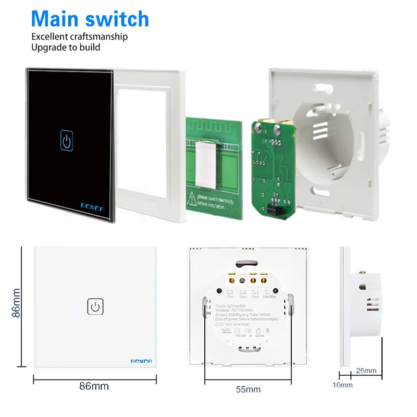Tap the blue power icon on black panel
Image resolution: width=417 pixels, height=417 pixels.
tap(67, 139)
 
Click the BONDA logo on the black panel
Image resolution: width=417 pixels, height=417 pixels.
tap(92, 205)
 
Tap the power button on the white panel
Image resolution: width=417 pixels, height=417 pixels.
tap(95, 306)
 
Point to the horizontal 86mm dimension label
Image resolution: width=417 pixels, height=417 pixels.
tap(94, 386)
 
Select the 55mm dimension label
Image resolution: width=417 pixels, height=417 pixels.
tap(248, 389)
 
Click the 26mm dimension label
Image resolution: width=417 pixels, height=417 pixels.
tap(366, 371)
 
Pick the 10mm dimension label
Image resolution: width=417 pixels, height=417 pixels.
tap(343, 385)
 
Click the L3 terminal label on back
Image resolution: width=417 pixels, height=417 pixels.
tap(230, 292)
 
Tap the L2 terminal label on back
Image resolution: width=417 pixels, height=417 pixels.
tap(242, 292)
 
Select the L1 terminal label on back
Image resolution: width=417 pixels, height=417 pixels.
tap(255, 292)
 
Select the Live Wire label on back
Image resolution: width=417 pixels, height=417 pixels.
tap(269, 297)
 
